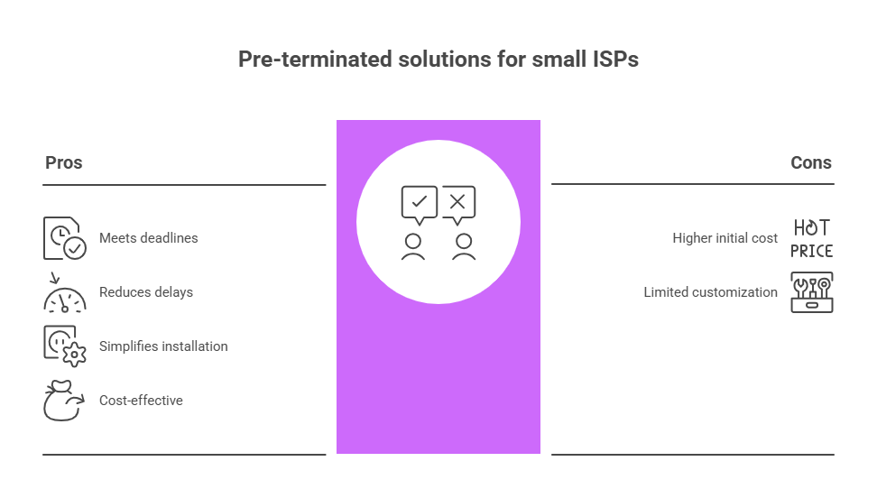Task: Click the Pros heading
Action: pos(64,162)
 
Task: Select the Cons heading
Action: pos(810,162)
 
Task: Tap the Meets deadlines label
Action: pos(148,238)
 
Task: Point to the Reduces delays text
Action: pos(146,292)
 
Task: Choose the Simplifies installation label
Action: pos(163,346)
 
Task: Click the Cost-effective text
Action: pos(141,400)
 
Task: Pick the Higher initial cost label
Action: pos(725,238)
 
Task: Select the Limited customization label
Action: pos(710,292)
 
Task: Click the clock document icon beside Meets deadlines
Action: pos(65,238)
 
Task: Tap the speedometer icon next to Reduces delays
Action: pos(65,293)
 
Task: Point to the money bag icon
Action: pos(64,401)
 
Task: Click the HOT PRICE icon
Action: pos(811,238)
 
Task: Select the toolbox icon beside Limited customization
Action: pos(811,292)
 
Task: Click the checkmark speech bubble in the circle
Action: pos(419,205)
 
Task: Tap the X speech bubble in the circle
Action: pos(458,205)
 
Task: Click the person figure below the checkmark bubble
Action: pos(413,246)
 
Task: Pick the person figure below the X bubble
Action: pos(464,246)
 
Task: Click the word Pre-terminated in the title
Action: pos(315,60)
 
